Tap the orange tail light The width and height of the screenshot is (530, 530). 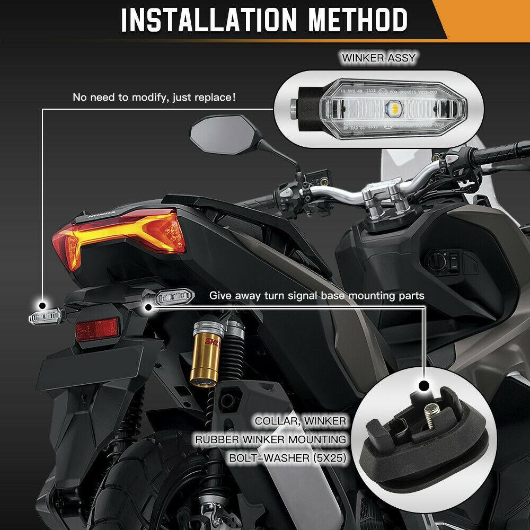click(x=122, y=238)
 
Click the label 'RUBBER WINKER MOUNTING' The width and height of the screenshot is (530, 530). click(x=270, y=439)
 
